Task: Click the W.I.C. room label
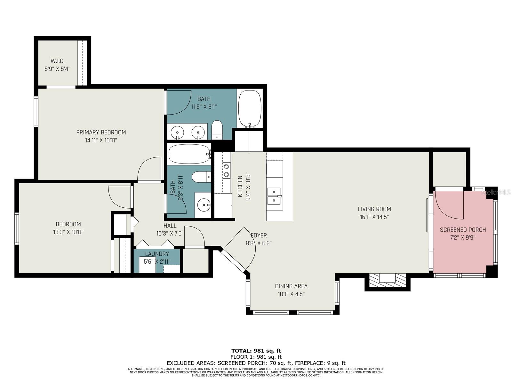click(x=57, y=61)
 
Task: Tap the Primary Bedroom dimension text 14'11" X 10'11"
click(x=101, y=140)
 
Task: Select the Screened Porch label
click(x=463, y=230)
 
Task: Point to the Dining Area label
click(x=291, y=286)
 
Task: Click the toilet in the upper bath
click(x=217, y=130)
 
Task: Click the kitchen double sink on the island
click(x=274, y=196)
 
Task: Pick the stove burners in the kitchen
click(x=226, y=171)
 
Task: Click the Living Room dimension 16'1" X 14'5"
click(x=374, y=217)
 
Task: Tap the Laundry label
click(x=157, y=254)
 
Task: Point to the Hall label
click(x=170, y=226)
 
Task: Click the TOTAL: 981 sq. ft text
click(x=256, y=351)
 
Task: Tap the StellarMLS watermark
click(x=496, y=192)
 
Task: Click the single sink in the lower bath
click(x=204, y=205)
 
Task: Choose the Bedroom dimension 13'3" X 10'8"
click(x=68, y=232)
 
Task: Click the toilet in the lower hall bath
click(x=201, y=177)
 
